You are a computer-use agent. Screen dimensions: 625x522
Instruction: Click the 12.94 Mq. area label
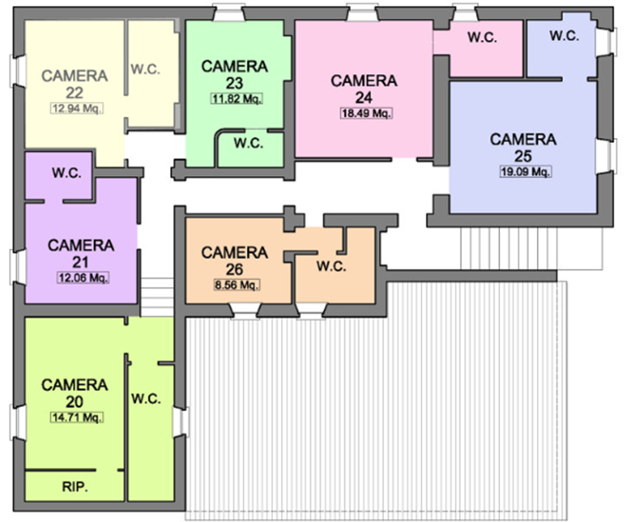click(77, 108)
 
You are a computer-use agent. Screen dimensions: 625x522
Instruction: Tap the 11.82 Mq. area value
click(237, 99)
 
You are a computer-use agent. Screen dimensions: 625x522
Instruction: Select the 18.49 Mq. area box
click(366, 113)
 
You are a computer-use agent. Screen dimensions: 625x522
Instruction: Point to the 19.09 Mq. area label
click(525, 172)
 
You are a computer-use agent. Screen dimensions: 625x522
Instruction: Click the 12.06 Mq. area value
click(83, 277)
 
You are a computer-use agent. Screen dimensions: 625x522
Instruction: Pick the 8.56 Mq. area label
click(237, 285)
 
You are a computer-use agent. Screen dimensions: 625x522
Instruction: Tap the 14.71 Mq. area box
click(77, 418)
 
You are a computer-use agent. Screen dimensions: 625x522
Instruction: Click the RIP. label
click(75, 487)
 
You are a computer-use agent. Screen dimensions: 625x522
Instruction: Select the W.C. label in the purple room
click(67, 173)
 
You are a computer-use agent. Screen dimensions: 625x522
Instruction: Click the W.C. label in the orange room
click(331, 266)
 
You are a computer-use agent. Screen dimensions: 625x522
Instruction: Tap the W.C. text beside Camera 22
click(146, 69)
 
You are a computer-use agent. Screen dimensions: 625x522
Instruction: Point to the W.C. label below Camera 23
click(248, 143)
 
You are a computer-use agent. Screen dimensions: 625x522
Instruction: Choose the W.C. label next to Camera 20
click(146, 399)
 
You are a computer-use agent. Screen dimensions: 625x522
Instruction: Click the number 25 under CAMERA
click(523, 156)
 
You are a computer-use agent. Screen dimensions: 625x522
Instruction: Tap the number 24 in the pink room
click(364, 98)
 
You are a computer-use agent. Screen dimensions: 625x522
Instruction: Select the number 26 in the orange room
click(234, 270)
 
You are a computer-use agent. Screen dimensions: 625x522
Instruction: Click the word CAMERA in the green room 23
click(234, 67)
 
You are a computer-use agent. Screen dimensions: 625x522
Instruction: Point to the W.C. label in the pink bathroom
click(482, 38)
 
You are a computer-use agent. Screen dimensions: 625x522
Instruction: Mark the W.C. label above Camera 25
click(564, 35)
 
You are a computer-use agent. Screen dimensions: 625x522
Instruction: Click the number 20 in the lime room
click(75, 402)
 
